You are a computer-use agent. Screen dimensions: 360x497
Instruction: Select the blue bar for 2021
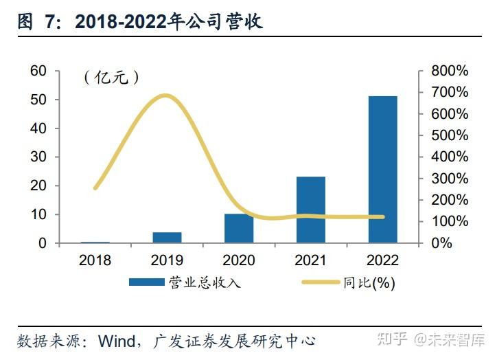[310, 210]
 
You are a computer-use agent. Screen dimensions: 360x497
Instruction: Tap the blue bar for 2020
[239, 228]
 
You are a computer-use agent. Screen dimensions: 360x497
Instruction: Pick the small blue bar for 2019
[167, 237]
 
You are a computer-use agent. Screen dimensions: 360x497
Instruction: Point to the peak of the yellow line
[165, 95]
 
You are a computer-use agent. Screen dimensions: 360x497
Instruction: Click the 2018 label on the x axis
[95, 260]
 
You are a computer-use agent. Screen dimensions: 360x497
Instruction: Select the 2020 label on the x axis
[239, 260]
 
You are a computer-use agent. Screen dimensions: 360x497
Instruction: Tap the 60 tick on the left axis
[38, 71]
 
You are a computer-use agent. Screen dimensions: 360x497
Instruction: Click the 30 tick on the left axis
[38, 157]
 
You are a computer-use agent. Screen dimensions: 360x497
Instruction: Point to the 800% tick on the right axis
[449, 71]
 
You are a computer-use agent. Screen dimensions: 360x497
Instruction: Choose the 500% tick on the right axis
[449, 135]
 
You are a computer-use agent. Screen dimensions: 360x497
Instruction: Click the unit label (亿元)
[112, 78]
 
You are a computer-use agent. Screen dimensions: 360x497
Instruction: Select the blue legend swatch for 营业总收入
[147, 282]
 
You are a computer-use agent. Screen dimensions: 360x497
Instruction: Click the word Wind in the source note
[117, 340]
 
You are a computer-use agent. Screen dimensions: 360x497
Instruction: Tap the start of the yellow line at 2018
[95, 188]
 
